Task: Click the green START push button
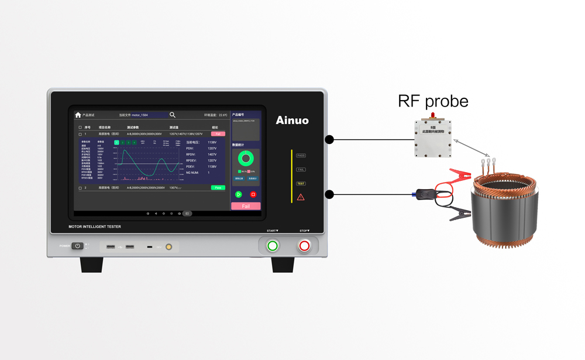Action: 273,246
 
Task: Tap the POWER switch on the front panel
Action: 77,246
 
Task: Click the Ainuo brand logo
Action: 292,121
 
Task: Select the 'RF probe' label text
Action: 433,101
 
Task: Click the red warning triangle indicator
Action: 301,197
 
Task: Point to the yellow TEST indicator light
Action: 301,184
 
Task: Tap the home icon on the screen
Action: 78,115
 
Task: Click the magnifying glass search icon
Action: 173,115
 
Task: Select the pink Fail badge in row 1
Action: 218,134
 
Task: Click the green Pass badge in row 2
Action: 218,188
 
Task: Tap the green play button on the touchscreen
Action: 239,194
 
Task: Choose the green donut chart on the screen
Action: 246,158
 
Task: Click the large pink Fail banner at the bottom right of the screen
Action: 246,206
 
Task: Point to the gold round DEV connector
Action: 168,247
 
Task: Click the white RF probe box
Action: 433,138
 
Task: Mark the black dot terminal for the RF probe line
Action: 329,139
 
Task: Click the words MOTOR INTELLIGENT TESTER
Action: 95,227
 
